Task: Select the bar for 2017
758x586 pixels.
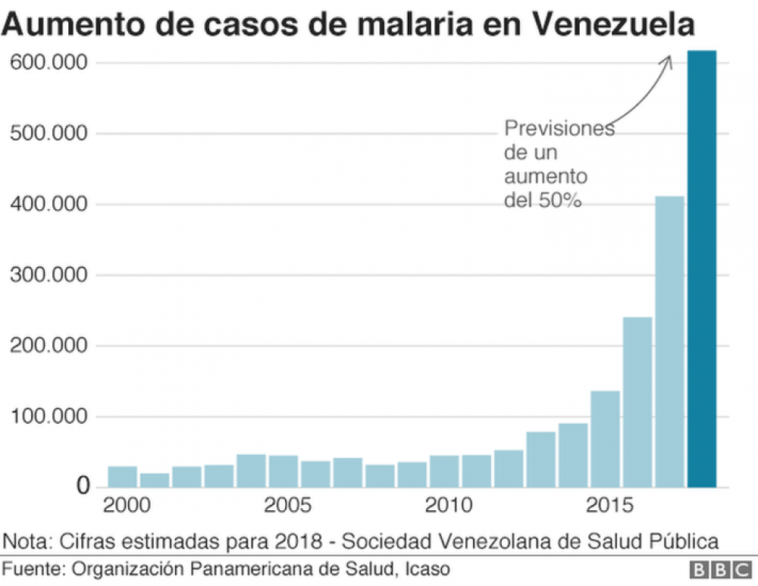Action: coord(669,341)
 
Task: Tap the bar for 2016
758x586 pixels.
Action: coord(637,402)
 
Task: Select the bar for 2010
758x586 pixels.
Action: coord(444,471)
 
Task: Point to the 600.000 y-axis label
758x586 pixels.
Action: coord(49,63)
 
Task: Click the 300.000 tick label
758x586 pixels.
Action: coord(49,275)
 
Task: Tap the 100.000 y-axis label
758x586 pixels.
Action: coord(49,417)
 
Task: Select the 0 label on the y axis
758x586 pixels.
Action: coord(82,487)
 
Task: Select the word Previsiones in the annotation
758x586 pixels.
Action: coord(559,129)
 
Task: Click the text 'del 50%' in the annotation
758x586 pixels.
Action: coord(543,201)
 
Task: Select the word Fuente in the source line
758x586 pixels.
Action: coord(34,568)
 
